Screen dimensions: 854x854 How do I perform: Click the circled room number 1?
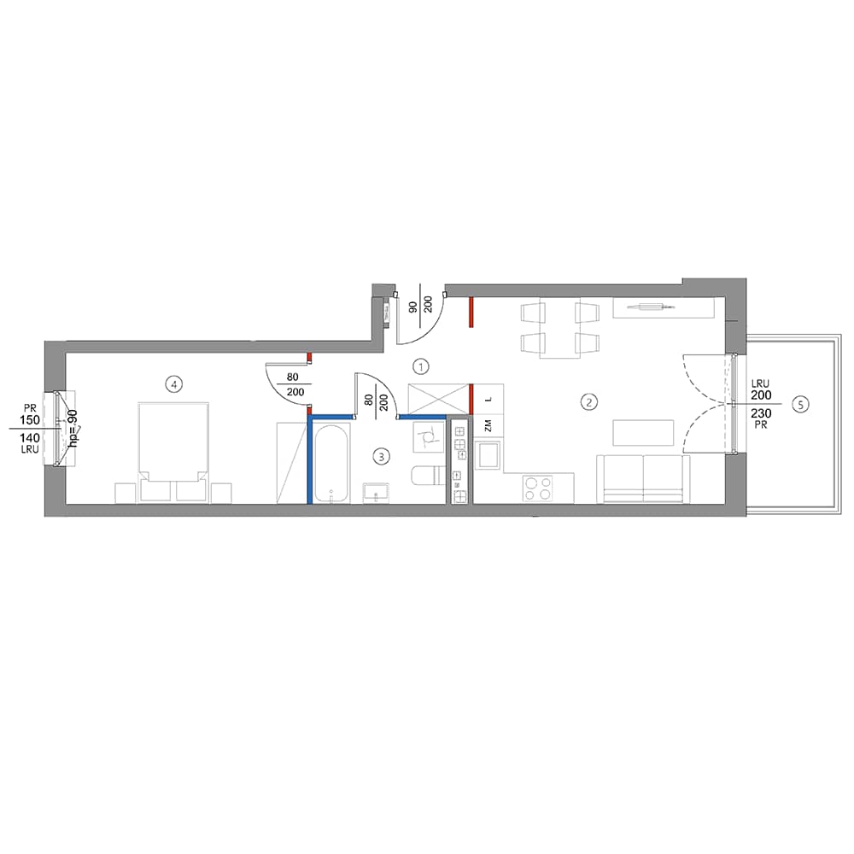point(420,367)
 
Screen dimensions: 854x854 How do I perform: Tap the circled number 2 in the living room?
point(589,402)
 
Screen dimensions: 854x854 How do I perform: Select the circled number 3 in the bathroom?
point(381,456)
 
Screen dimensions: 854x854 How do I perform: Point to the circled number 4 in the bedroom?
point(173,385)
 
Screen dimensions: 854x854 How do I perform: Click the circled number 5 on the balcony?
point(801,405)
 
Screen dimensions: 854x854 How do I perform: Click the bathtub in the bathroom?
point(331,464)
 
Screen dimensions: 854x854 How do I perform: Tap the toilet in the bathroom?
point(428,475)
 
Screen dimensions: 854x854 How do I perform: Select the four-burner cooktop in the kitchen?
point(537,488)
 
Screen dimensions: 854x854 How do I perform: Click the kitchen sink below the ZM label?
point(488,455)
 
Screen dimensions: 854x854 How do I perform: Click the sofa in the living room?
point(643,479)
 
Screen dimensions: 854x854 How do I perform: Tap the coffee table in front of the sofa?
point(644,432)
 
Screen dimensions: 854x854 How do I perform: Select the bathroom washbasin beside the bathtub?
point(377,492)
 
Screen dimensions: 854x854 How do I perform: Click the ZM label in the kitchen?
point(488,425)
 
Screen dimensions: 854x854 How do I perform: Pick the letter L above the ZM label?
point(488,399)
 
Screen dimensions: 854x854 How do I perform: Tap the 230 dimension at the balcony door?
point(761,413)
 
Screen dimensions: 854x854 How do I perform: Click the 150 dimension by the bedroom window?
point(31,420)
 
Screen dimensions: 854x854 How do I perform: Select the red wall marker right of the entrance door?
point(471,312)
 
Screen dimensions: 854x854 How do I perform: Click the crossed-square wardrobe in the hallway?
point(438,399)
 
